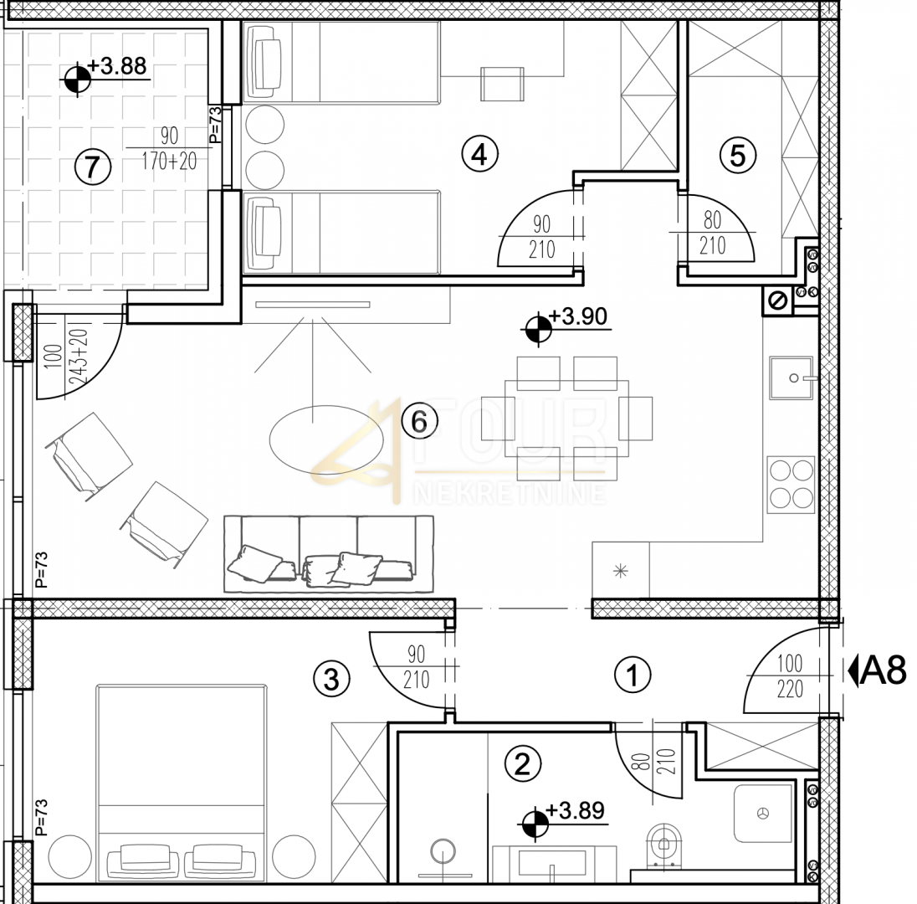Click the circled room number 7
click(92, 167)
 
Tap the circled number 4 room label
click(479, 155)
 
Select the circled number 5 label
click(737, 156)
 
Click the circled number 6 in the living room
click(419, 421)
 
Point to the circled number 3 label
click(331, 680)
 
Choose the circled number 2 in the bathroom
click(522, 763)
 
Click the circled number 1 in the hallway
click(633, 675)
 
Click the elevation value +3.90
click(578, 316)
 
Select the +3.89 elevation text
click(576, 811)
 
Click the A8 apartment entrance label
click(877, 670)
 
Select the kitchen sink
click(791, 378)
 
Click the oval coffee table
click(327, 439)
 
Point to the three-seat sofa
click(329, 553)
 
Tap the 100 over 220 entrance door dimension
click(790, 676)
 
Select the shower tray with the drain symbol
click(762, 814)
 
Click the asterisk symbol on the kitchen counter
click(621, 571)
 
